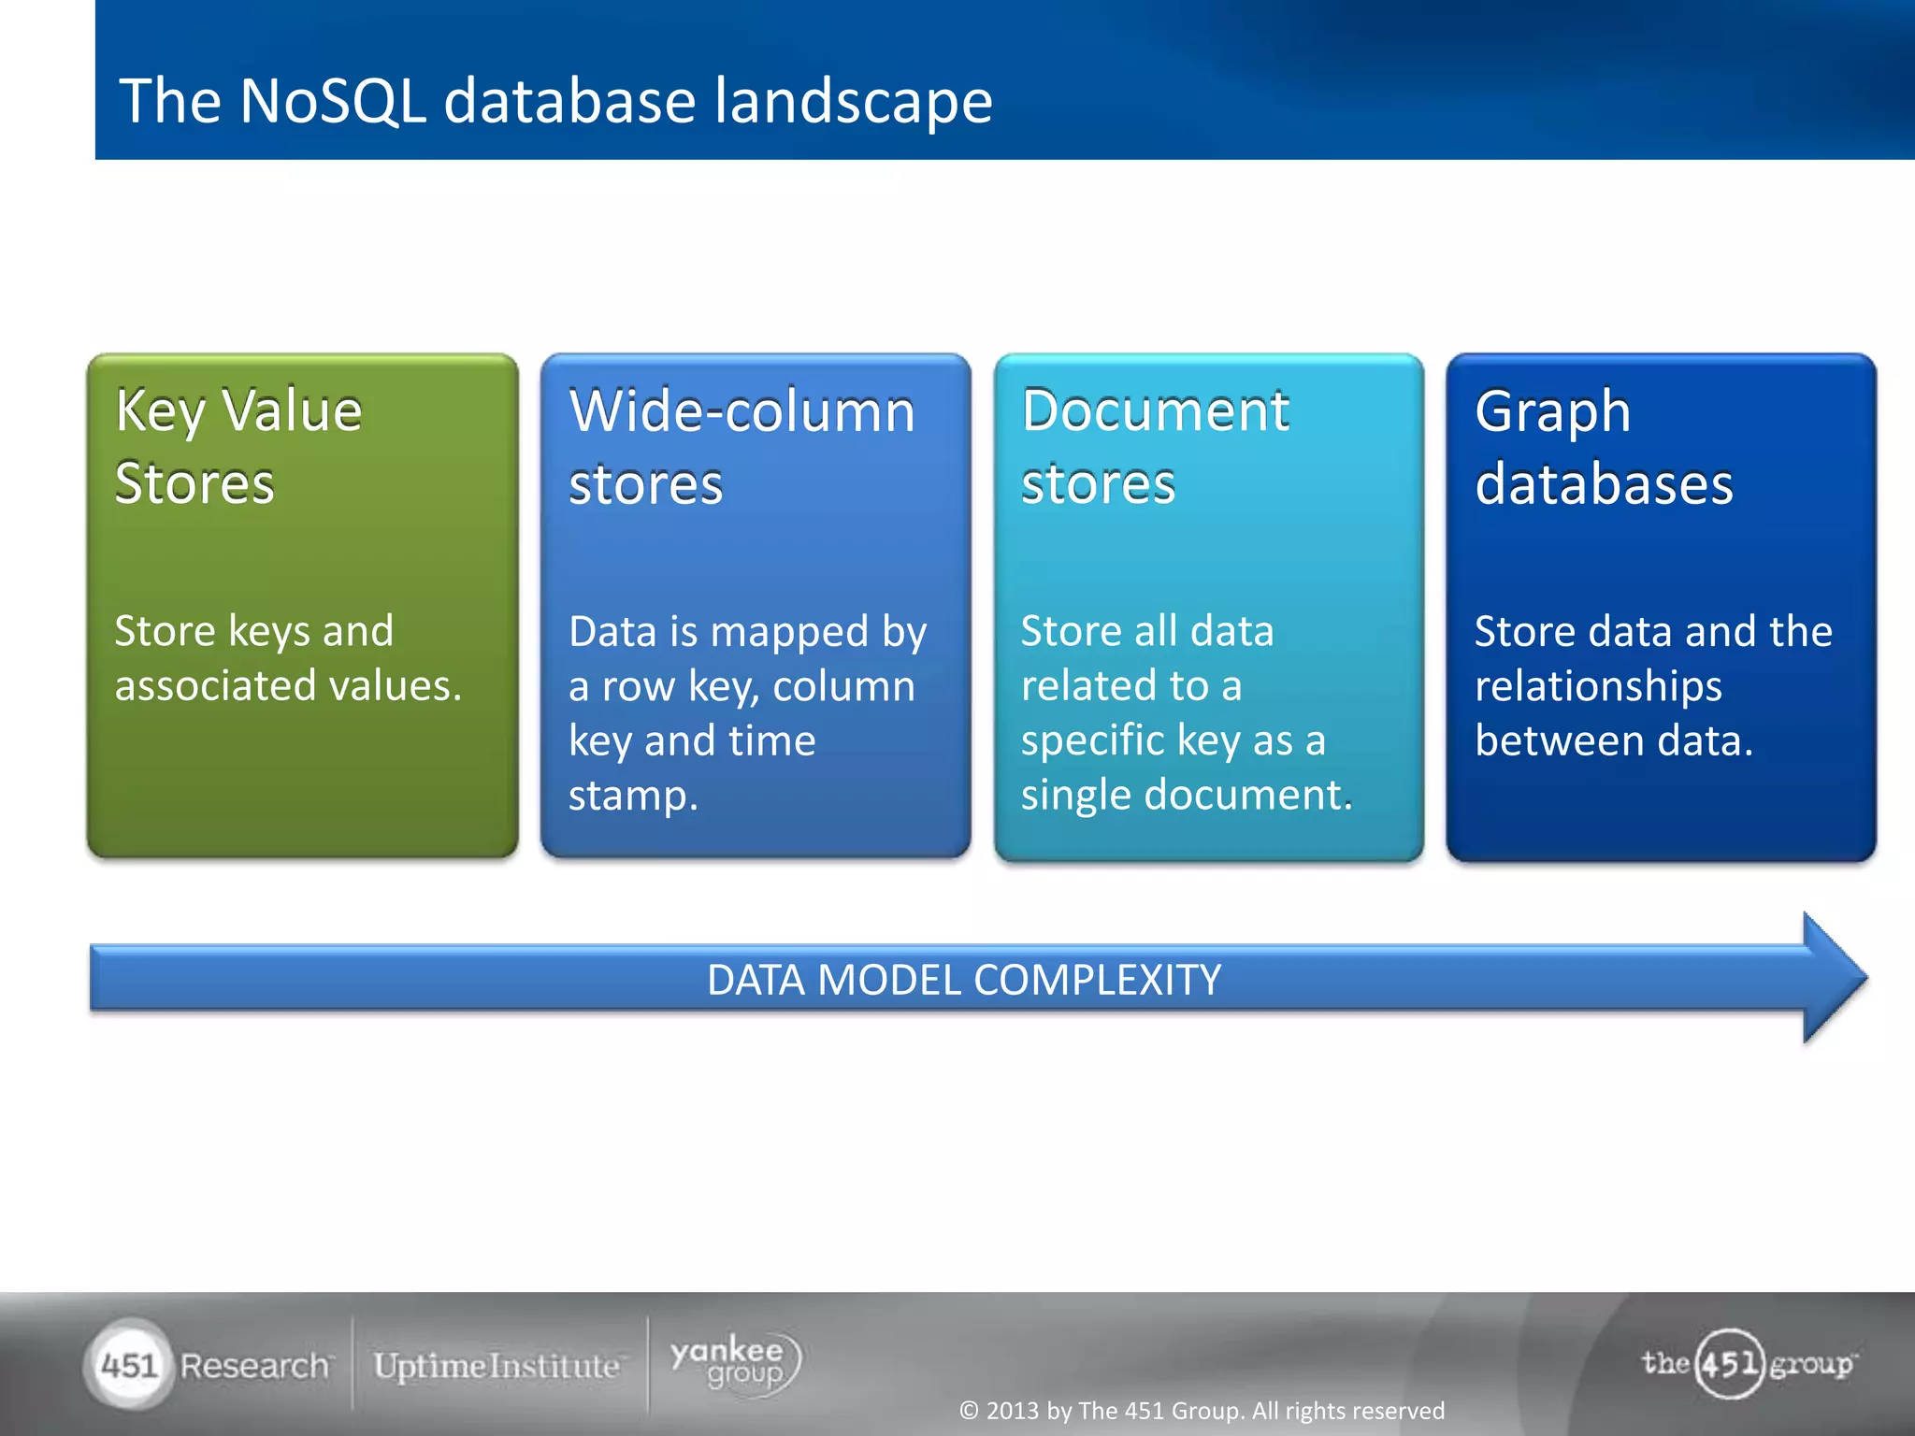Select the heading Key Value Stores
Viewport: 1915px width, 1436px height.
(x=238, y=447)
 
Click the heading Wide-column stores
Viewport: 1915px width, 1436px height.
(x=742, y=447)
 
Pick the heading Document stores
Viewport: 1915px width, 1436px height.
(x=1155, y=447)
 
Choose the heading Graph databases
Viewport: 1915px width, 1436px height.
(x=1604, y=447)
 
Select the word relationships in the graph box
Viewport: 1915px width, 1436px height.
(x=1598, y=686)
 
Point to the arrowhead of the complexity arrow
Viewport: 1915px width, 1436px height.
(x=1833, y=978)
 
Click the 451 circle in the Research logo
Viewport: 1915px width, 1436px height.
(x=130, y=1365)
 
